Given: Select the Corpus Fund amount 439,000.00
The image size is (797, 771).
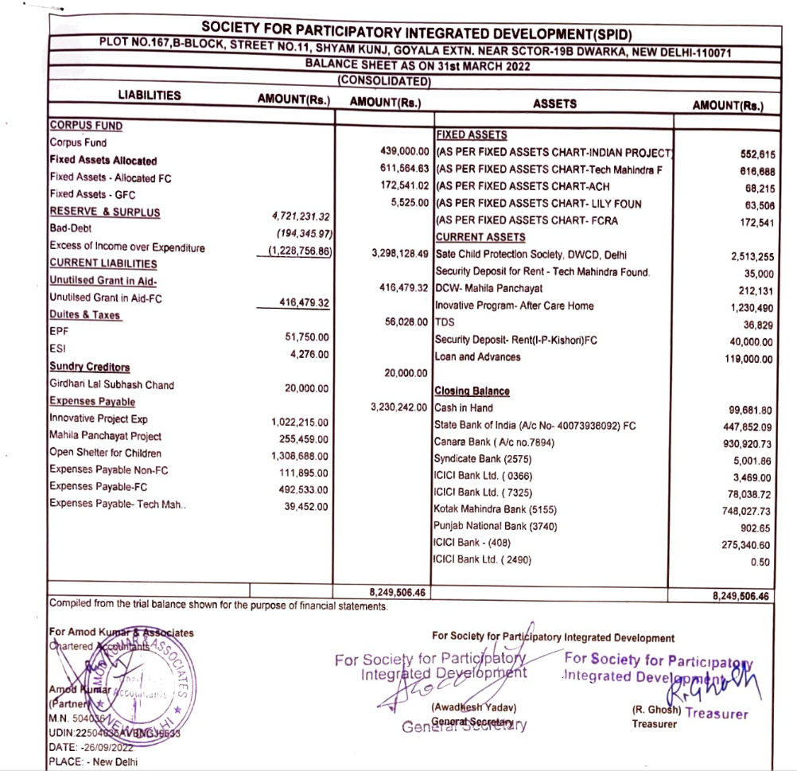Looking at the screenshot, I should [406, 151].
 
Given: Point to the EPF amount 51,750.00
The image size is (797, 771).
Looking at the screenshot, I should [306, 337].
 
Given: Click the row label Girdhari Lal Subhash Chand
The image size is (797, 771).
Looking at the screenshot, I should [111, 385].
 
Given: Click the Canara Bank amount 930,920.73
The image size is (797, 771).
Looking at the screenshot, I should [742, 442].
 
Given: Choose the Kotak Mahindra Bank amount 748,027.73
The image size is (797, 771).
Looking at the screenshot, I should [742, 511].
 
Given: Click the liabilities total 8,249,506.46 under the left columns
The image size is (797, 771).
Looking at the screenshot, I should [398, 592].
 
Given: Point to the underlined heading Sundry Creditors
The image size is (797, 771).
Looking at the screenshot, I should [89, 368].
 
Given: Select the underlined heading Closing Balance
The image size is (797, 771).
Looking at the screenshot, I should [472, 391].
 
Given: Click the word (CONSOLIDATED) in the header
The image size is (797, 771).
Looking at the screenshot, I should [384, 80].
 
